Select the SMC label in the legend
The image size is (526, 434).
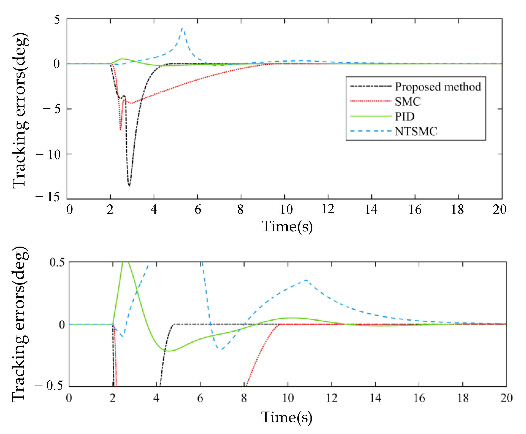[x=407, y=102]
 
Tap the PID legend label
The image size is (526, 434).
[x=405, y=116]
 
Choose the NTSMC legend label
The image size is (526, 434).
[x=416, y=132]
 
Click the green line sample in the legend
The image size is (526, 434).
[x=370, y=116]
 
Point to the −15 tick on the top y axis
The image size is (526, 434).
[x=48, y=197]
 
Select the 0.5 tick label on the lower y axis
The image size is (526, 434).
[x=57, y=262]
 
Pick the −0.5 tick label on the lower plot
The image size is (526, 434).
[x=49, y=385]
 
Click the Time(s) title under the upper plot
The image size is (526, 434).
[x=287, y=227]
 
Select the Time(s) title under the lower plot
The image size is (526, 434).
[x=287, y=417]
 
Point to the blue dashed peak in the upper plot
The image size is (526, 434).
[x=182, y=28]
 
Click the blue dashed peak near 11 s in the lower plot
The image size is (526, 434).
[x=306, y=280]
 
